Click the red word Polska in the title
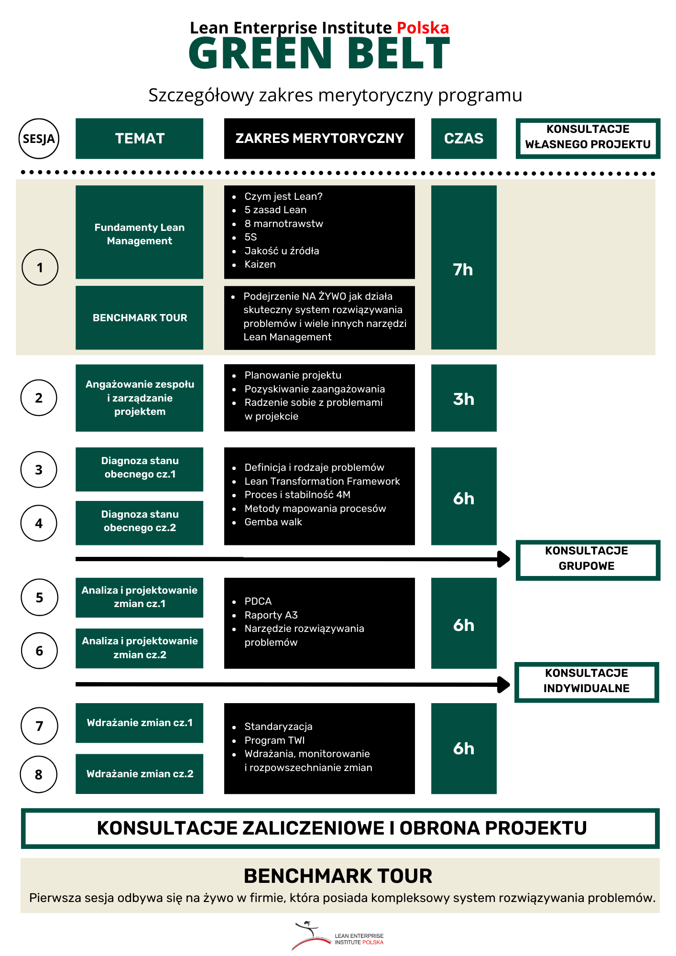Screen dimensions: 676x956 click(423, 28)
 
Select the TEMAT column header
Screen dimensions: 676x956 click(139, 139)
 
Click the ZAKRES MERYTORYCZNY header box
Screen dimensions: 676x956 click(319, 139)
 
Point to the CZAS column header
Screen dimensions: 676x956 click(464, 139)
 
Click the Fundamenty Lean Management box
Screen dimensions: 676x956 click(139, 232)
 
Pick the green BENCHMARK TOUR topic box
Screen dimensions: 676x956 click(139, 318)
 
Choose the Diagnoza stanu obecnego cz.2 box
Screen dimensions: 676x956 click(139, 523)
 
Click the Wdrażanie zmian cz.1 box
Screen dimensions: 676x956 click(139, 723)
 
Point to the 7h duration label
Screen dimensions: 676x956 click(463, 270)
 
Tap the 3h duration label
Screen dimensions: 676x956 click(464, 399)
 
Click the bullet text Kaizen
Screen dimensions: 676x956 click(260, 264)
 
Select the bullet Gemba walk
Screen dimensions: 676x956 click(273, 522)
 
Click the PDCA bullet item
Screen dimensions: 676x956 click(258, 601)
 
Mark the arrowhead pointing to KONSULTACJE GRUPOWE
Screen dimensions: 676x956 click(504, 559)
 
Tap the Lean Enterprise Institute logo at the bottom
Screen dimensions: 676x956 click(338, 935)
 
